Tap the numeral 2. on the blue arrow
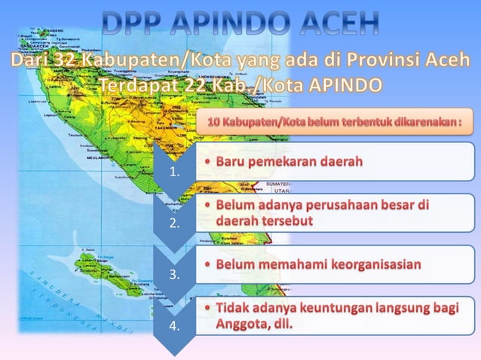tap(175, 223)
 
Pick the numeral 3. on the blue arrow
tap(175, 274)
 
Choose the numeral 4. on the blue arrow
tap(175, 325)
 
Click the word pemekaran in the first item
tap(283, 163)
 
